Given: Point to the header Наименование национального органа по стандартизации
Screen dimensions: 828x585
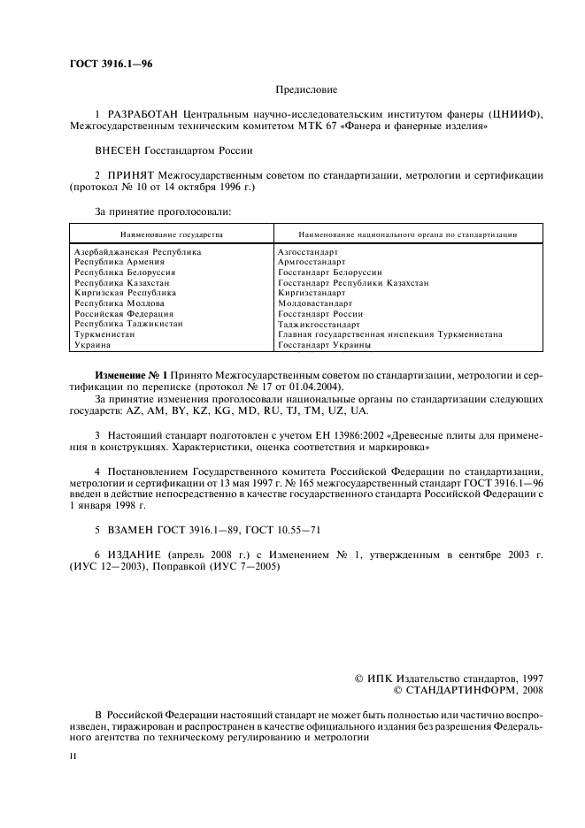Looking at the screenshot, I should (x=408, y=234).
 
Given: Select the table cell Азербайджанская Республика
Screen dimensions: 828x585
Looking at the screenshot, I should (x=137, y=252).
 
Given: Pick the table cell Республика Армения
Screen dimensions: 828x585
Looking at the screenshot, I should (x=119, y=262).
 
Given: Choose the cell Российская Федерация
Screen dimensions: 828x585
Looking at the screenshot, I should (x=123, y=314).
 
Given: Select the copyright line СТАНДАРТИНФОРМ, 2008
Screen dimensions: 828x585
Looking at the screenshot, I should (x=468, y=690).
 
